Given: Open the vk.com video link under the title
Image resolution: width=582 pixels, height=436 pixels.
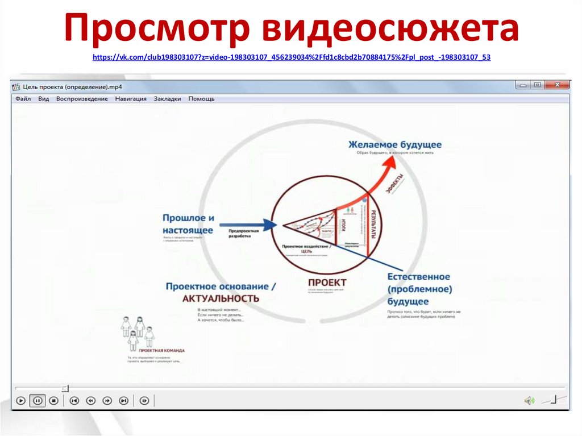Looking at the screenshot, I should tap(290, 57).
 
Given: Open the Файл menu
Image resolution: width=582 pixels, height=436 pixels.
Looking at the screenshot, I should tap(23, 99).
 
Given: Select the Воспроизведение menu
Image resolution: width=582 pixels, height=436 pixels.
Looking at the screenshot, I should tap(82, 99).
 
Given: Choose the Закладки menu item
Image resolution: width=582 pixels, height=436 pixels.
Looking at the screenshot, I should tap(167, 99).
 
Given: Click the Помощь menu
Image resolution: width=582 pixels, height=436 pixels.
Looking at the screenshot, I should tap(201, 99).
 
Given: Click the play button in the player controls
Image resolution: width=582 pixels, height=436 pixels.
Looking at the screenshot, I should tap(20, 401).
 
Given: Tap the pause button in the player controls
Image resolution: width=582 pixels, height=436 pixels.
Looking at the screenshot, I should tap(38, 401).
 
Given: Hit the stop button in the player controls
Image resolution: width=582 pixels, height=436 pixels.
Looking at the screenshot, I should tap(54, 401).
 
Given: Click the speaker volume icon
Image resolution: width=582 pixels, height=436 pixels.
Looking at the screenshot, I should tap(529, 401).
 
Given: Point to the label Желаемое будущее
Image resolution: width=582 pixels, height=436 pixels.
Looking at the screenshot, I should tap(395, 145).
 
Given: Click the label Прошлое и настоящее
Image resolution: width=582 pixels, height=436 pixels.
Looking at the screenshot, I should tap(188, 224).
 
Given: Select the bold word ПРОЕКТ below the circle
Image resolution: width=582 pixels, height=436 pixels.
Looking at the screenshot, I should tap(327, 283).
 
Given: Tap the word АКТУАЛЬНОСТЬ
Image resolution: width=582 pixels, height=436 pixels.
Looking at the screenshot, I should tap(221, 298).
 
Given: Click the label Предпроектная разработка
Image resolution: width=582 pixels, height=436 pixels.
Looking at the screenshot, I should tap(244, 233).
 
